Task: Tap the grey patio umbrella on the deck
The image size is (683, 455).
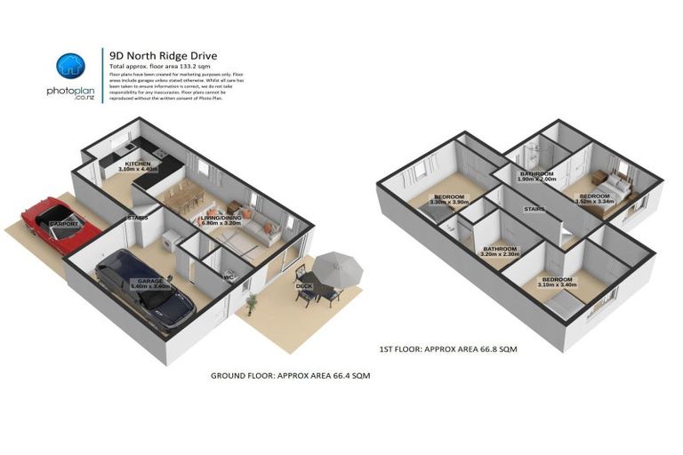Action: [x=338, y=264]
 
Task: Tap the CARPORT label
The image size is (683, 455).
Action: [x=64, y=224]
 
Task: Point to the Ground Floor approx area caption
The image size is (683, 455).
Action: [x=290, y=375]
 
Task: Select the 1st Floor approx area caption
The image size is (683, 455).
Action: [x=448, y=349]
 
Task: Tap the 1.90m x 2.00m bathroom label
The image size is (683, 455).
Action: [x=537, y=176]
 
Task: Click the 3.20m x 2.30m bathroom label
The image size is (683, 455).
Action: [x=500, y=251]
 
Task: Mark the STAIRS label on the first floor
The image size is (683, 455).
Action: [x=534, y=210]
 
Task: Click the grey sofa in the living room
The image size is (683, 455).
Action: [x=261, y=231]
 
